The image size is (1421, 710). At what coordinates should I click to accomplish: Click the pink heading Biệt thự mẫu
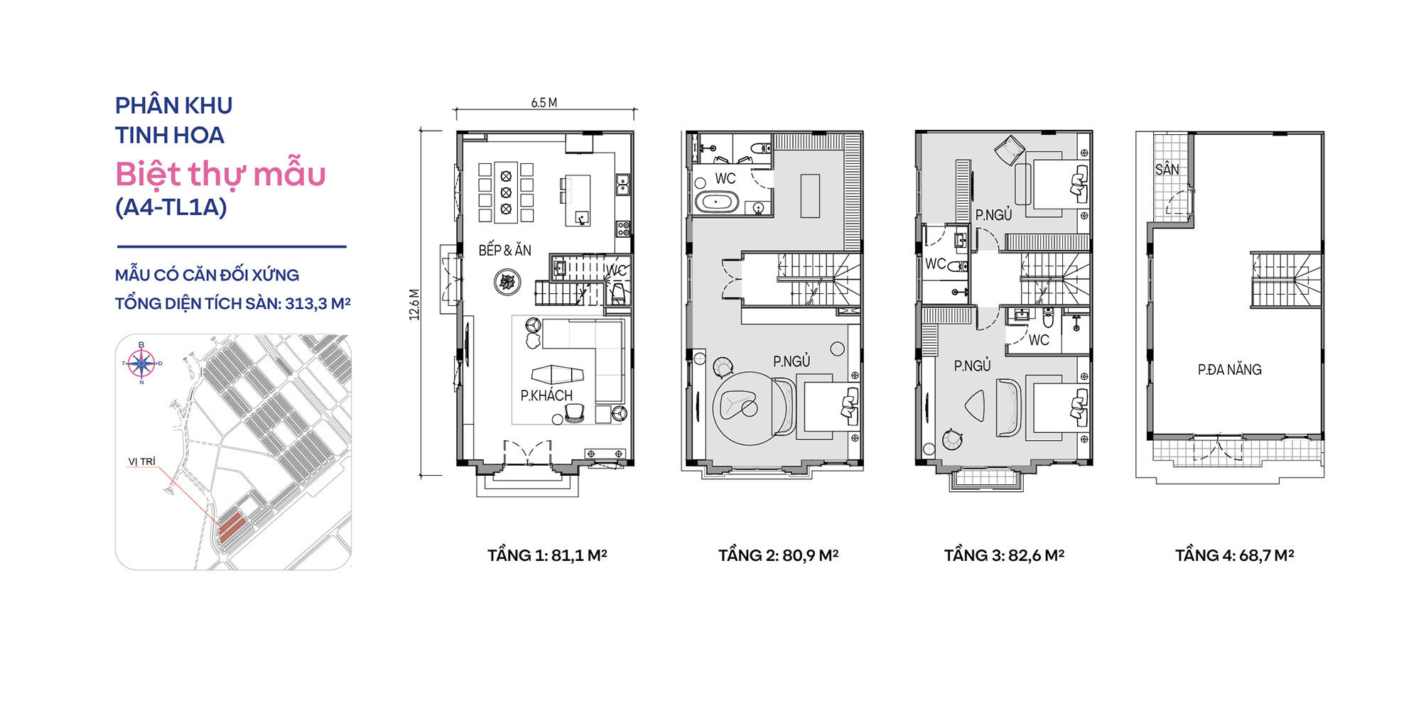tap(220, 174)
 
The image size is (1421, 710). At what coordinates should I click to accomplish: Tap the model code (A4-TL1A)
tap(171, 207)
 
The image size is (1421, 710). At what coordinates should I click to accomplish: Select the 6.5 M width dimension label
tap(544, 103)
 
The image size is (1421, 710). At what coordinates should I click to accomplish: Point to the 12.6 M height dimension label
tap(414, 304)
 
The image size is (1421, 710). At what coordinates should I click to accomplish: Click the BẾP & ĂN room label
tap(504, 250)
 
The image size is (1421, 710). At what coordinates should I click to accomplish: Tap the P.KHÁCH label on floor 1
tap(546, 395)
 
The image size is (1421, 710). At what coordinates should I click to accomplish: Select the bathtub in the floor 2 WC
tap(718, 203)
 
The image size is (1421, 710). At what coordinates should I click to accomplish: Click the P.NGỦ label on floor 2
tap(791, 361)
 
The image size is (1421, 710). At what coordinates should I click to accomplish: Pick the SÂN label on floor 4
tap(1167, 170)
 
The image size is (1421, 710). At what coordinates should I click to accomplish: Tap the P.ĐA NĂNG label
tap(1229, 370)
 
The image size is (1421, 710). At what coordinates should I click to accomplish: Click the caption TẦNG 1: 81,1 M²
tap(547, 555)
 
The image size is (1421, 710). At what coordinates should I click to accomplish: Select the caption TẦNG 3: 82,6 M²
tap(1004, 555)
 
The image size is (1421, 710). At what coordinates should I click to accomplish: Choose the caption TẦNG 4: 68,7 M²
tap(1234, 555)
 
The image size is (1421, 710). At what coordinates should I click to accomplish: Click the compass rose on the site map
tap(141, 364)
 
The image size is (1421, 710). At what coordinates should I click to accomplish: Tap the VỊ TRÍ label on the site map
tap(141, 461)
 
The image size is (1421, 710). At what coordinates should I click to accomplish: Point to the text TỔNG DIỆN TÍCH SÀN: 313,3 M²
tap(233, 304)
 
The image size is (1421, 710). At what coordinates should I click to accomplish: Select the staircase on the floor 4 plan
tap(1286, 280)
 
